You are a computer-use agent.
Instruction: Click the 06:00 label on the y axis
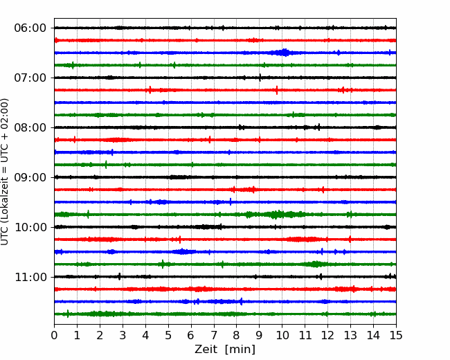click(x=30, y=28)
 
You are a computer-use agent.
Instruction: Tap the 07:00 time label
click(x=30, y=78)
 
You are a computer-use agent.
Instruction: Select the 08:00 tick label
click(x=30, y=127)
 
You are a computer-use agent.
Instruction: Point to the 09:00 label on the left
click(x=30, y=177)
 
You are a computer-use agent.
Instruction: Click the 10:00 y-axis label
click(x=30, y=227)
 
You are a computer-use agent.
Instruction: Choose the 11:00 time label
click(x=30, y=277)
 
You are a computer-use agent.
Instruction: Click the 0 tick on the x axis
click(x=55, y=336)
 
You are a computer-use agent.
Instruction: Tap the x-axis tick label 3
click(x=123, y=336)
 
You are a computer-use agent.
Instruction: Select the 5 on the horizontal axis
click(x=168, y=336)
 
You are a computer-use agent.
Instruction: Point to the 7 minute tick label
click(x=214, y=336)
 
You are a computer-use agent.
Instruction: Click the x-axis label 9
click(x=260, y=336)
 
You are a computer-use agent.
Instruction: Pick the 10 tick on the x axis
click(x=282, y=336)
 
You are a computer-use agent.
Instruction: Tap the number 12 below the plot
click(x=328, y=336)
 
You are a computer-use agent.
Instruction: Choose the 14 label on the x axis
click(x=373, y=336)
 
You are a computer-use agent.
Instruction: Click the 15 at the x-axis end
click(x=396, y=336)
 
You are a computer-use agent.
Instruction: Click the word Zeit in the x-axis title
click(x=207, y=350)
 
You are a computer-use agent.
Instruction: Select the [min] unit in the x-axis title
click(x=242, y=350)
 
